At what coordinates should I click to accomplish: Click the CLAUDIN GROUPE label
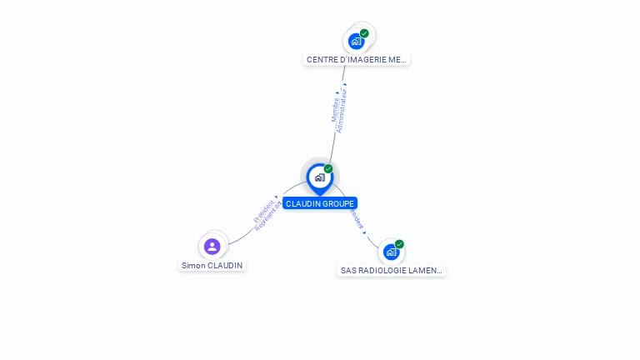click(320, 203)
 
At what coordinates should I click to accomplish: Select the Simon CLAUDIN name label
click(212, 265)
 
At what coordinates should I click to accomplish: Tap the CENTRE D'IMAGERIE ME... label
click(356, 60)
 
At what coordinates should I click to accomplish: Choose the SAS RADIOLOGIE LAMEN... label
click(392, 271)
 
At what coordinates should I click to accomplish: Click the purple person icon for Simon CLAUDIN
click(212, 246)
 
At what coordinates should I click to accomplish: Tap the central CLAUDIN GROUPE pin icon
click(319, 177)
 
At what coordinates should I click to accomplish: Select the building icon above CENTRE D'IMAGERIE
click(357, 41)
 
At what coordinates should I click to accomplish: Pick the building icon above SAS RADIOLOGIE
click(391, 252)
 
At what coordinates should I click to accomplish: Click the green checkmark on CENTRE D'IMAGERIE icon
click(364, 33)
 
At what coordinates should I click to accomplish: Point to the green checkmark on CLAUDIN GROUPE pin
click(328, 169)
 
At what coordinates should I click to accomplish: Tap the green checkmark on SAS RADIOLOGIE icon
click(399, 244)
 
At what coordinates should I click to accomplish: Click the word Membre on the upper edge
click(335, 109)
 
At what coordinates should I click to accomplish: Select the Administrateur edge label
click(341, 111)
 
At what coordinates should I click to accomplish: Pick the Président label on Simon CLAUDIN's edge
click(264, 207)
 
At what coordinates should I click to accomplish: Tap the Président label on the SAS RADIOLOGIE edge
click(357, 219)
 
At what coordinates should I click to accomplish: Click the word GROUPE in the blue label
click(337, 203)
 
